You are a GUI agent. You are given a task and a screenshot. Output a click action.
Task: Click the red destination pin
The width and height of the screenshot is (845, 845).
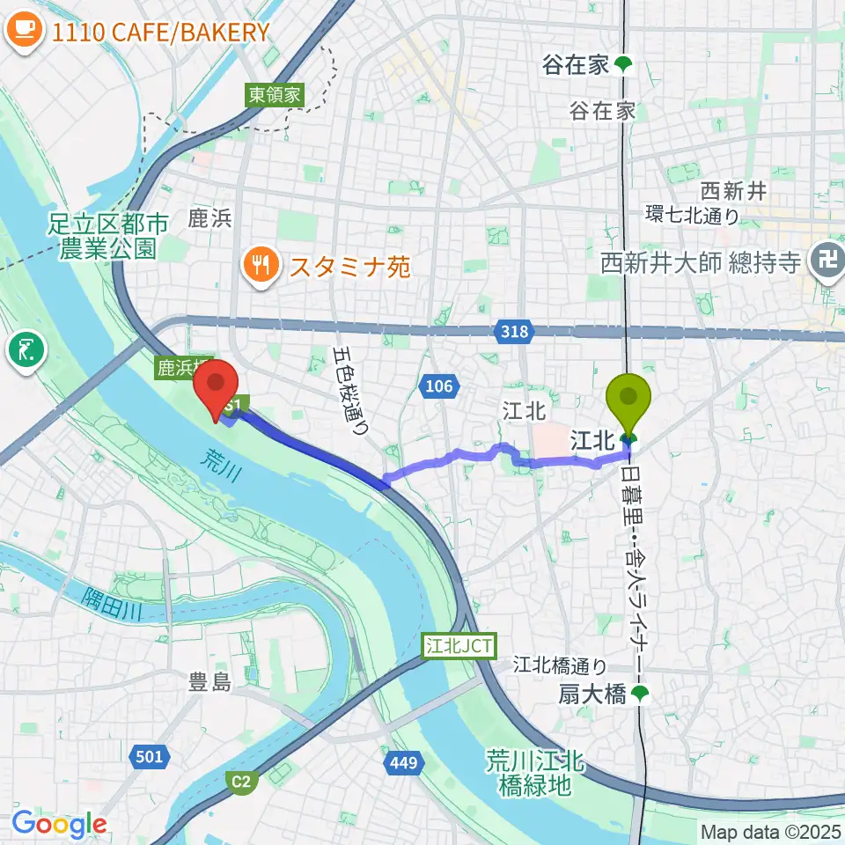216,387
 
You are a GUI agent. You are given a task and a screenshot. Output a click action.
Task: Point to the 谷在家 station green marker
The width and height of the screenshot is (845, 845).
623,64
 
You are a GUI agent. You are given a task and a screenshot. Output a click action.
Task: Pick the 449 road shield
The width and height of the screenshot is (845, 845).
401,762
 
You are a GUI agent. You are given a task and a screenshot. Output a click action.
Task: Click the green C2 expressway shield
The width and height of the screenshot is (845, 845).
240,780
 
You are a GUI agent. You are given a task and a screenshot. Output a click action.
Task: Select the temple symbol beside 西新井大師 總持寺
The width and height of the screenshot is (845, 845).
827,262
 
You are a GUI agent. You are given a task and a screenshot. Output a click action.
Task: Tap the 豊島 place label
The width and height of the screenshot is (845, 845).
209,681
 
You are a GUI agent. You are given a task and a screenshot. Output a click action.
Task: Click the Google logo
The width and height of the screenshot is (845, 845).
59,825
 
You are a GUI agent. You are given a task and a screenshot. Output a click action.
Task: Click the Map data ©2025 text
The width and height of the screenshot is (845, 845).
770,832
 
